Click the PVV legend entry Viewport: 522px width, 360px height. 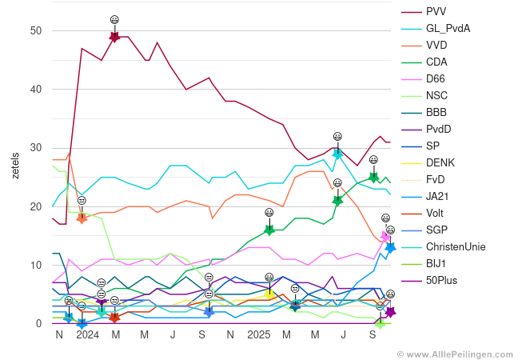tap(436, 11)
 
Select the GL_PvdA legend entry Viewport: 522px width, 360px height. tap(448, 28)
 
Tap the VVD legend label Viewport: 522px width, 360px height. tap(436, 45)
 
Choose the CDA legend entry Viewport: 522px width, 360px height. tap(436, 62)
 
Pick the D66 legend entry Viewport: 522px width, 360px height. tap(436, 78)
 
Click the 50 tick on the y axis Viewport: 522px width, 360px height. tap(36, 30)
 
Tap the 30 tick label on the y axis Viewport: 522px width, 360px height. tap(36, 148)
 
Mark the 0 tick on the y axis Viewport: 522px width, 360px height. tap(38, 323)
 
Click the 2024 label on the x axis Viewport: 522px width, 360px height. tap(87, 334)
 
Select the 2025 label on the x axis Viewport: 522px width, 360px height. tap(259, 334)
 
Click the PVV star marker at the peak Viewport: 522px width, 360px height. tap(114, 37)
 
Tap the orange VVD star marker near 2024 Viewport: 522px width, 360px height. tap(82, 217)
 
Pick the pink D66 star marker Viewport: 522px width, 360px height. tap(385, 236)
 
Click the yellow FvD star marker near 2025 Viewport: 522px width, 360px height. tap(269, 294)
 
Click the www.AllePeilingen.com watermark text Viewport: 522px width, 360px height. tap(458, 353)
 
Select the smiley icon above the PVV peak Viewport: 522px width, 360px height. tap(114, 19)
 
